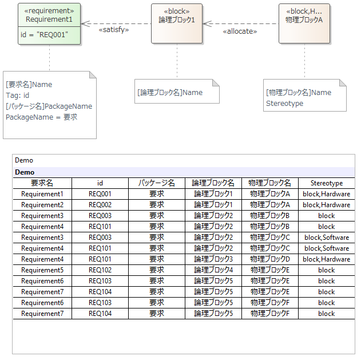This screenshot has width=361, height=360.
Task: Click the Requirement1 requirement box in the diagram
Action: point(49,23)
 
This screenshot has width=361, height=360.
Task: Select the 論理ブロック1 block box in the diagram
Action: point(177,23)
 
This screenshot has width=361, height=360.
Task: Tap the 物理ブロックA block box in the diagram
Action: point(304,23)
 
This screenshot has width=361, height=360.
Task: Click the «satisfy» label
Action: point(114,30)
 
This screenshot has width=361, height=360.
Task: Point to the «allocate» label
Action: point(240,31)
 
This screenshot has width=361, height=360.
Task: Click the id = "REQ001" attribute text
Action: point(44,35)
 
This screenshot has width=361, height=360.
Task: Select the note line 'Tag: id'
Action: point(18,96)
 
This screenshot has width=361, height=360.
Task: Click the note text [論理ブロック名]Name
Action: point(170,93)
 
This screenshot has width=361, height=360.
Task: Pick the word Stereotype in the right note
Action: point(284,104)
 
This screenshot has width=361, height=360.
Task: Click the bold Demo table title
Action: point(25,172)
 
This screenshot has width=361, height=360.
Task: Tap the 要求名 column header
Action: point(42,183)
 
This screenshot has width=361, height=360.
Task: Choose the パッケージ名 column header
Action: point(157,183)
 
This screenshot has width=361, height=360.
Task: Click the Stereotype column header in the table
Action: point(327,183)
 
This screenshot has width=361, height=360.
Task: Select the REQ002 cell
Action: point(100,205)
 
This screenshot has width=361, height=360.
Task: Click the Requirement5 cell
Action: point(42,270)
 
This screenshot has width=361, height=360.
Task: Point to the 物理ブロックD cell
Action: point(270,259)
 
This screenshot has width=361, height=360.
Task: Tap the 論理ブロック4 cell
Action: point(213,270)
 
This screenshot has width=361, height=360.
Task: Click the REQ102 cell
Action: point(100,270)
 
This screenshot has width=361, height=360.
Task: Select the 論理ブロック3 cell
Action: point(213,259)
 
